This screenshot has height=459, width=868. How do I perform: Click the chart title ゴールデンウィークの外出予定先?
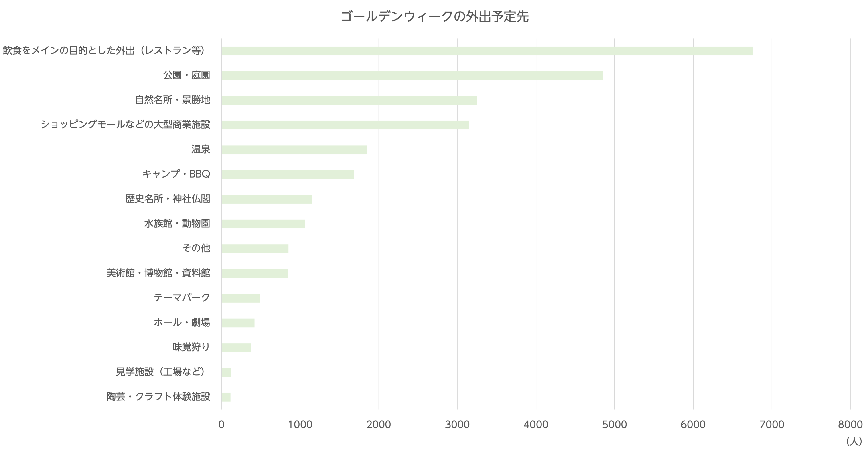[434, 16]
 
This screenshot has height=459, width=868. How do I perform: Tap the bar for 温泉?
[294, 150]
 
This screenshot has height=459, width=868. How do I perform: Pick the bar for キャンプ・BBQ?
[287, 174]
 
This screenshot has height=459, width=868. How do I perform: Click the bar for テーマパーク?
[240, 298]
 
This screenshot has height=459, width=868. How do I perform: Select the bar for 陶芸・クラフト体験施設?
[226, 397]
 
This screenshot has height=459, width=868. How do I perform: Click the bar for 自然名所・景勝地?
[349, 100]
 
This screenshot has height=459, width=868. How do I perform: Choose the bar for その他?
[255, 249]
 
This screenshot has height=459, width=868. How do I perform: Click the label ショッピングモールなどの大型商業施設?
[125, 125]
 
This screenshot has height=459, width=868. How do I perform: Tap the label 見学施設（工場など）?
[160, 372]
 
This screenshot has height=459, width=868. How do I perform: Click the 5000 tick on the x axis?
[614, 424]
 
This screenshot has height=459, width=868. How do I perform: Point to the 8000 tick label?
[850, 424]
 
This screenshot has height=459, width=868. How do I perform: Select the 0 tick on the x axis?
[221, 424]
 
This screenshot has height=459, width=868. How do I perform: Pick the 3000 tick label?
[457, 424]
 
